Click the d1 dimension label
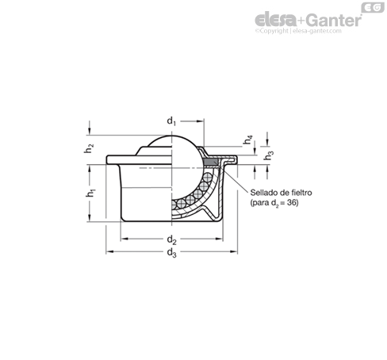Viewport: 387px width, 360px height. click(x=171, y=121)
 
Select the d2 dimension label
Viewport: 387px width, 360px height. click(x=171, y=240)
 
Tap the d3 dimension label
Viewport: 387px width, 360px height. click(x=171, y=253)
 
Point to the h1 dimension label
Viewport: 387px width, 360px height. click(x=90, y=193)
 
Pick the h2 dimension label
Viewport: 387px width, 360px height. click(x=89, y=148)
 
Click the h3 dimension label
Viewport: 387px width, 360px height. click(x=269, y=155)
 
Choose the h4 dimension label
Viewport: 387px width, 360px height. click(x=247, y=140)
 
